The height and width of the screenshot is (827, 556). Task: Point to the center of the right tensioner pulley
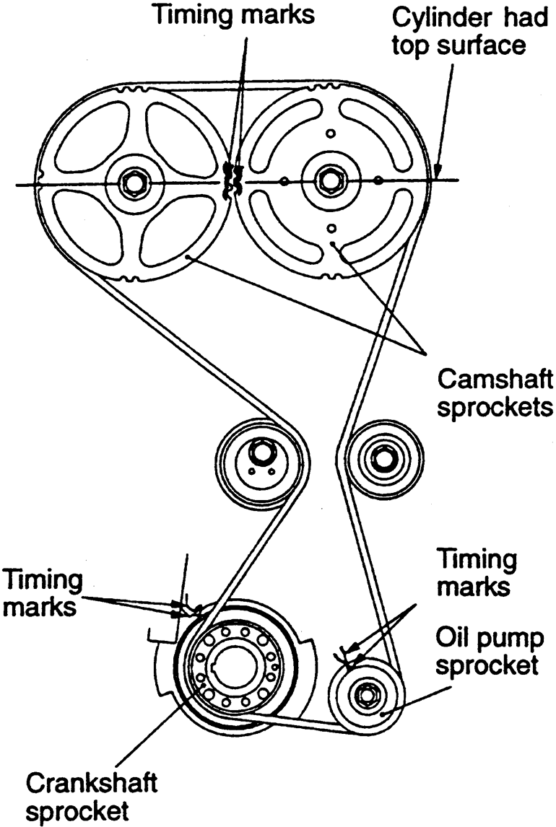point(381,456)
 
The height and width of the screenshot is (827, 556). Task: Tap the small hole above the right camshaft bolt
point(331,133)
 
